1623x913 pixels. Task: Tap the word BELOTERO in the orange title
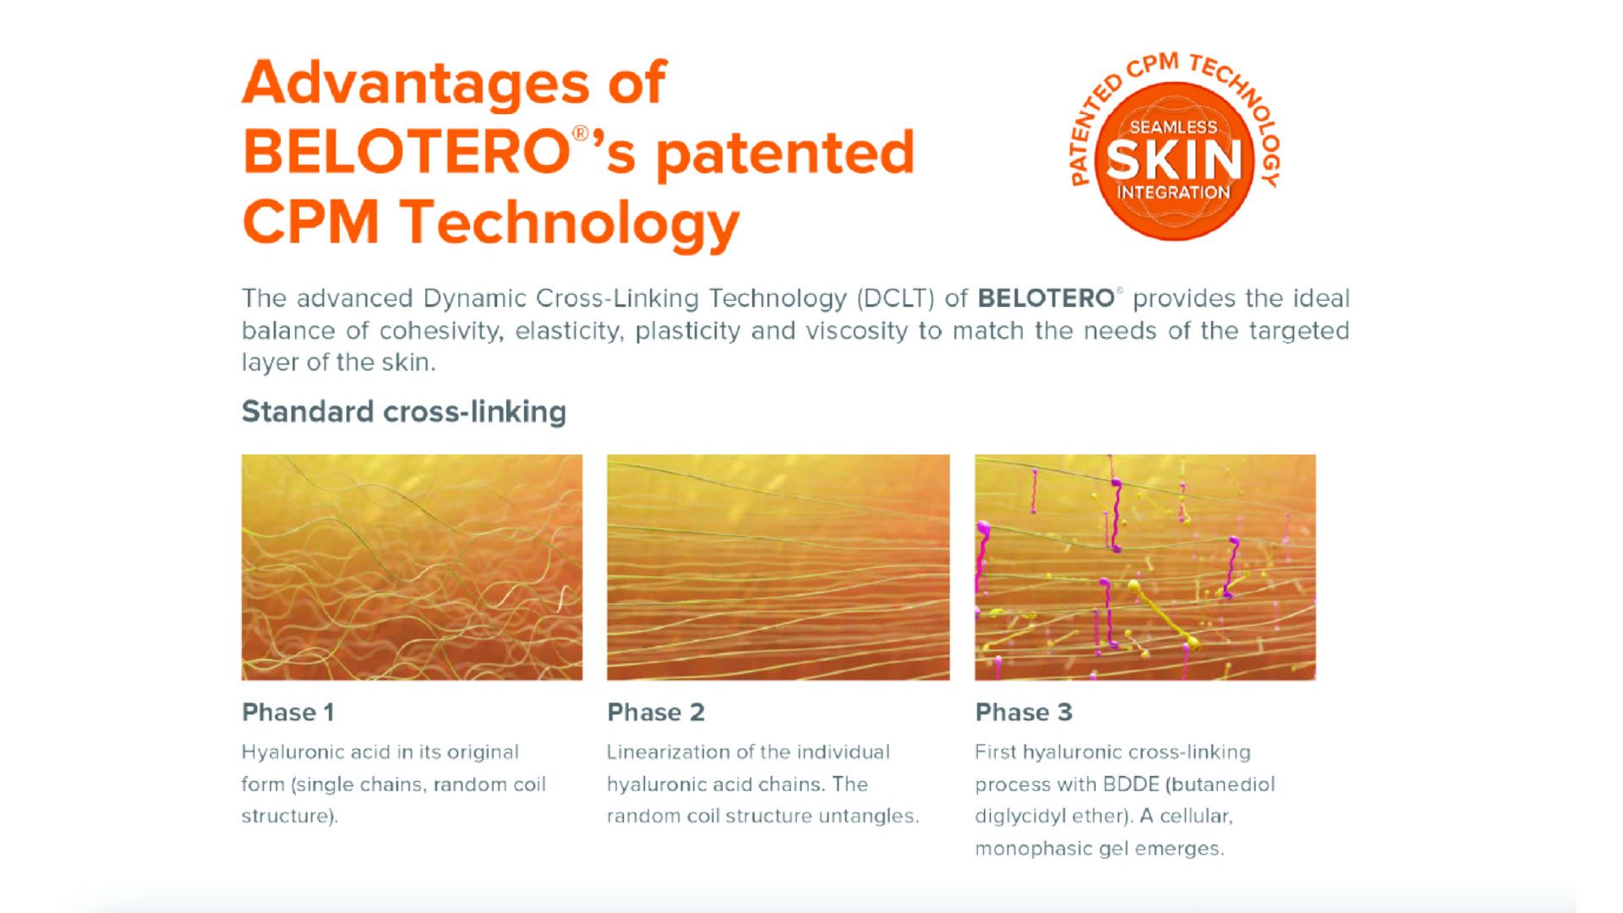[x=406, y=152]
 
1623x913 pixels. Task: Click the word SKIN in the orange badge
[x=1173, y=159]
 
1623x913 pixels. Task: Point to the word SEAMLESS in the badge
[x=1173, y=128]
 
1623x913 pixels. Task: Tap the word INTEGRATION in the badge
[x=1173, y=192]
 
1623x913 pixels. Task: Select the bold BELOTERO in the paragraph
[x=1046, y=298]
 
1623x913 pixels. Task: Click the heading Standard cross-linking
[x=404, y=412]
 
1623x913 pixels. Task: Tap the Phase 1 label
[x=288, y=713]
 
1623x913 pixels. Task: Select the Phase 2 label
[x=656, y=713]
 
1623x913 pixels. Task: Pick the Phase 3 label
[x=1024, y=713]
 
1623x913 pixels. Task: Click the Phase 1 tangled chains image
[x=412, y=567]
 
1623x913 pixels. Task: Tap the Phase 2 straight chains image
[x=778, y=567]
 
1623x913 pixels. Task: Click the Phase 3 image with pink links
[x=1145, y=567]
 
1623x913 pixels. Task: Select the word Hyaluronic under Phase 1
[x=296, y=753]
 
